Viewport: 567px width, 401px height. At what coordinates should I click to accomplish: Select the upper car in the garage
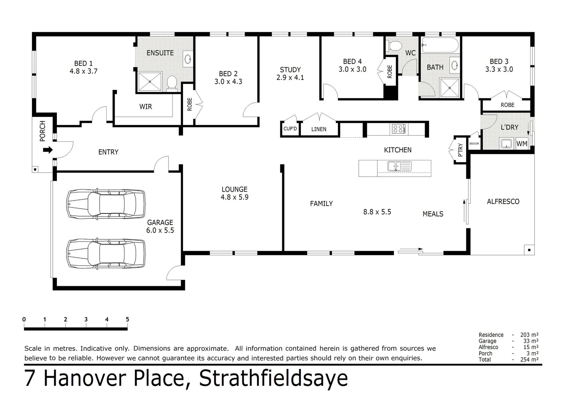[x=106, y=204]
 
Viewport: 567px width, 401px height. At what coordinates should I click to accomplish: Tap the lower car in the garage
[x=106, y=253]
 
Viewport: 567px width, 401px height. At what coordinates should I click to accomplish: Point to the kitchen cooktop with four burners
[x=399, y=129]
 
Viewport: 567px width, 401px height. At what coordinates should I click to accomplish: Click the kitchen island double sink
[x=399, y=166]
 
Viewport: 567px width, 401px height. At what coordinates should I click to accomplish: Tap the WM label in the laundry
[x=522, y=144]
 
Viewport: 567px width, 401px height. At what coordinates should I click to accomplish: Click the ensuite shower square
[x=150, y=82]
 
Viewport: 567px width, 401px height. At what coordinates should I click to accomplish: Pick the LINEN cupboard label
[x=319, y=129]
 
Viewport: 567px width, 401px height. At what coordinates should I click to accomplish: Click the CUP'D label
[x=290, y=129]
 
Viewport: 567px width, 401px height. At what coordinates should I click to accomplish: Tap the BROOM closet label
[x=474, y=144]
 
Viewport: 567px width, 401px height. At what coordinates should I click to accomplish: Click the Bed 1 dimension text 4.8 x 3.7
[x=83, y=71]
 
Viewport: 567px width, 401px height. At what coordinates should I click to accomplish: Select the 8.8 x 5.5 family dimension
[x=377, y=212]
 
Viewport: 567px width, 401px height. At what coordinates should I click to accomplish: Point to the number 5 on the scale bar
[x=127, y=319]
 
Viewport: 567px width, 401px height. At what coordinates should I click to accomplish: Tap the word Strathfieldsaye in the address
[x=273, y=378]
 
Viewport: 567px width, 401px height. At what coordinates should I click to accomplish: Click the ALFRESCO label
[x=503, y=202]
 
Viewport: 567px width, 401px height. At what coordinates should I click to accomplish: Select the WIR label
[x=145, y=107]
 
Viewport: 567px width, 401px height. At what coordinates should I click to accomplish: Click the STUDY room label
[x=290, y=70]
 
